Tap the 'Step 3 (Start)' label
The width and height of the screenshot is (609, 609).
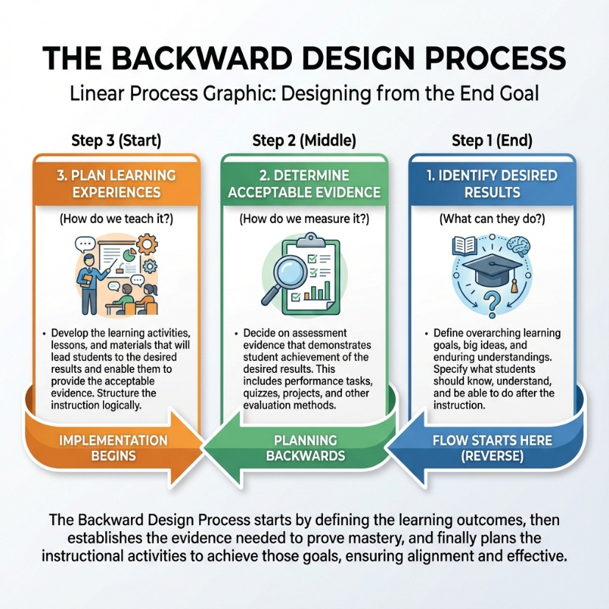point(115,140)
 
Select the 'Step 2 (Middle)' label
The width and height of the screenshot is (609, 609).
point(304,140)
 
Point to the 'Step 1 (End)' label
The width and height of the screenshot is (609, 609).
point(492,140)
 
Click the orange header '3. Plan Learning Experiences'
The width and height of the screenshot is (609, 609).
point(117,184)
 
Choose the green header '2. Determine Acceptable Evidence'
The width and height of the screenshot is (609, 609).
point(304,184)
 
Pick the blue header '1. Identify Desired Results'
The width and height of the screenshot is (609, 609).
point(492,184)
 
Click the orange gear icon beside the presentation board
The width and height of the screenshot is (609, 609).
point(151,266)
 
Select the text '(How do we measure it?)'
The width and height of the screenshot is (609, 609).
point(304,219)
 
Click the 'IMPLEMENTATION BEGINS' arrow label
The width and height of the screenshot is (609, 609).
point(113,447)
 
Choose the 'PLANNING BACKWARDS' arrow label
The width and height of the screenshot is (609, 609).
point(304,447)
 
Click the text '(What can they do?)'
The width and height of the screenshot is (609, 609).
point(492,219)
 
